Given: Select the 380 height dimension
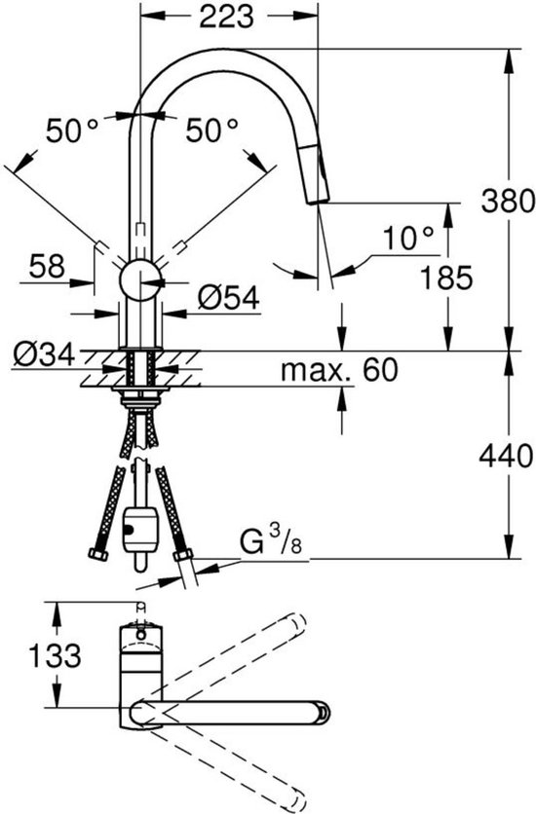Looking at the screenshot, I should [x=508, y=201].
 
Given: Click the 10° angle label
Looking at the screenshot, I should [x=407, y=237].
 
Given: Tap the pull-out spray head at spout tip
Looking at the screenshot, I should [x=321, y=176].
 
